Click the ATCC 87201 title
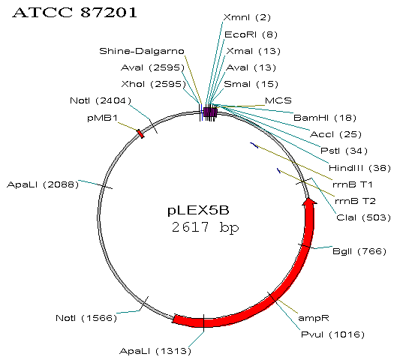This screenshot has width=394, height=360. pos(74,12)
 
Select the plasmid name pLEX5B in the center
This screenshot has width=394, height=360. pos(198,210)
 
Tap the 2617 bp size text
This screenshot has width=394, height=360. pos(205,227)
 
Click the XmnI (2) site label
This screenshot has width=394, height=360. pos(247,17)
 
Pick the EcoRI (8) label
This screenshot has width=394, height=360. pos(251,34)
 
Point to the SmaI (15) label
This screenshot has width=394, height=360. pos(251,84)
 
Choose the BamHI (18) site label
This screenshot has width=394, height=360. pos(325,118)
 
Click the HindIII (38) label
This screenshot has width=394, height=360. pos(359,168)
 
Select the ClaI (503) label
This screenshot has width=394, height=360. pos(363,217)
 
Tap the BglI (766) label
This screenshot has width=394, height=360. pos(359,251)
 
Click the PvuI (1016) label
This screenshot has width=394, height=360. pos(332,334)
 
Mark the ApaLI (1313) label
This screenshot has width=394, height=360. pos(155,351)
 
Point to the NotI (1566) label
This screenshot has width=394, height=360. pos(86,318)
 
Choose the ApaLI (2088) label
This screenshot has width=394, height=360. pos(43,184)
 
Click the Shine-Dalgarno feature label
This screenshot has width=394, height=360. pos(142,51)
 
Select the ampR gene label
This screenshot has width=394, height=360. pos(314,318)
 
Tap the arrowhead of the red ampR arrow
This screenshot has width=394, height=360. pos(309,201)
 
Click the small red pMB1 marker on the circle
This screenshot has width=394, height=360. pos(140,133)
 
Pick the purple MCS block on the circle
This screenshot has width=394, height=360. pos(210,112)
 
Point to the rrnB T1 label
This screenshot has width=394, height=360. pos(352,184)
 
